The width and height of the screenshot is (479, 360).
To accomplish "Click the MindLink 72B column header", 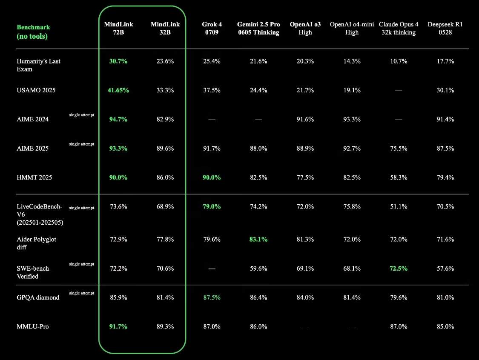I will click(118, 29).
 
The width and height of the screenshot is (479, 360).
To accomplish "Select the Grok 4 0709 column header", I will click(212, 29).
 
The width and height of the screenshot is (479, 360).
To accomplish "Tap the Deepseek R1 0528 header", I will click(445, 29).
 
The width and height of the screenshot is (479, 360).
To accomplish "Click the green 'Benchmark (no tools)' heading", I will click(33, 32).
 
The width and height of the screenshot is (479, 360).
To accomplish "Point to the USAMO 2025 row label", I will click(36, 90).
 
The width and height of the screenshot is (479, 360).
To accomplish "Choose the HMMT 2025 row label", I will click(34, 177).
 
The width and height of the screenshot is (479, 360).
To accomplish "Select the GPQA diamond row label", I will click(38, 297).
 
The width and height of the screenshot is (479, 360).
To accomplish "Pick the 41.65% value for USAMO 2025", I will click(118, 90).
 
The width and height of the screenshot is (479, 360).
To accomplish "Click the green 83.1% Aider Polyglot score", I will click(258, 240).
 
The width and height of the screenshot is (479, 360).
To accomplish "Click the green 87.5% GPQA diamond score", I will click(212, 297).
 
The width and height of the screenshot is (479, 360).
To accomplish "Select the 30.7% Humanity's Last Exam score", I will click(118, 61).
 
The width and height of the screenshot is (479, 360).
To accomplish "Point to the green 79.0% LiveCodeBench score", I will click(212, 207).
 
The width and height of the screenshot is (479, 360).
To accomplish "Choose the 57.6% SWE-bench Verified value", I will click(445, 269).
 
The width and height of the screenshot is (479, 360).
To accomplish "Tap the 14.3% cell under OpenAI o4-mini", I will click(352, 61).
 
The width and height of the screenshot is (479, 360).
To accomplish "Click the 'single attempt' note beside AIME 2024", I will click(81, 115).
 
